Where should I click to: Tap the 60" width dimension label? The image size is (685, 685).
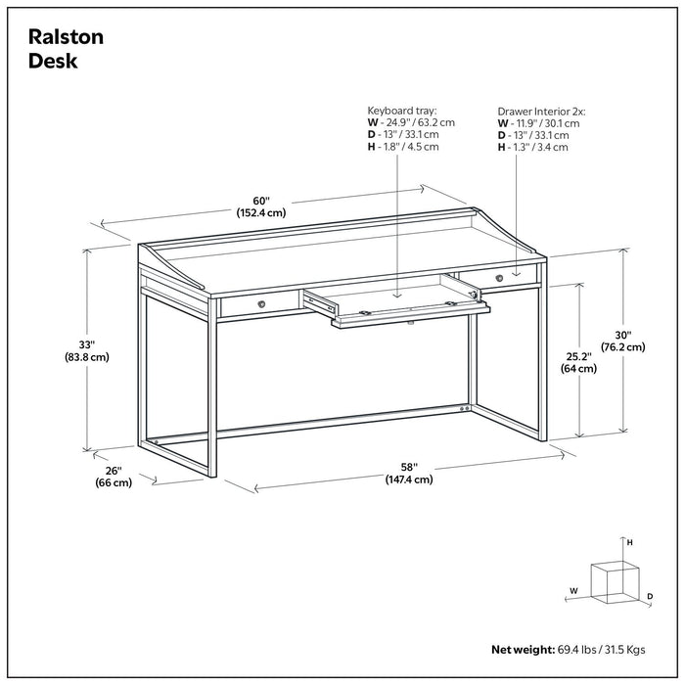(x=260, y=200)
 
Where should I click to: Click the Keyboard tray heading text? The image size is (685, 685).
(x=401, y=111)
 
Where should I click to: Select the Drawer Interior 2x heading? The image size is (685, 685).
(x=541, y=112)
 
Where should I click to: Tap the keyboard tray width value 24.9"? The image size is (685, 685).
(x=392, y=123)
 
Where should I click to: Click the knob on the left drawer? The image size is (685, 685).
(x=261, y=304)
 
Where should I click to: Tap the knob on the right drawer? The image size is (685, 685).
(x=498, y=278)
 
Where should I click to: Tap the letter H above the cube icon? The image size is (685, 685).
(x=630, y=542)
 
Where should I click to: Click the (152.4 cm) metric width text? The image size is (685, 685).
(x=260, y=212)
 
